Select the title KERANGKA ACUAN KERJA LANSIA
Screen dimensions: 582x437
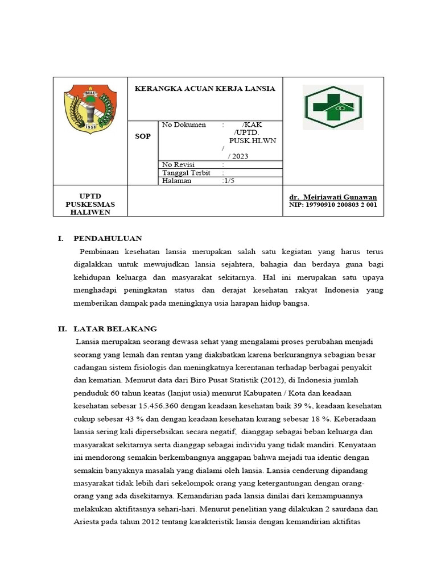click(x=204, y=89)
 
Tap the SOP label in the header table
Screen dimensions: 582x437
click(x=142, y=136)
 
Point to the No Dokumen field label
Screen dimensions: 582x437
click(x=184, y=124)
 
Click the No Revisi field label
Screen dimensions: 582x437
click(x=179, y=164)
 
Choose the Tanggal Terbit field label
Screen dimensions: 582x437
click(x=186, y=173)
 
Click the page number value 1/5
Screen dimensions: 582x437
click(x=228, y=181)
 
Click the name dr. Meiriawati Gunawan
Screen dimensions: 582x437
click(x=333, y=197)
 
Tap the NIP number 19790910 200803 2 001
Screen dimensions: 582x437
click(x=333, y=205)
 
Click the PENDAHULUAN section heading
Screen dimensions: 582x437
click(x=108, y=238)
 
